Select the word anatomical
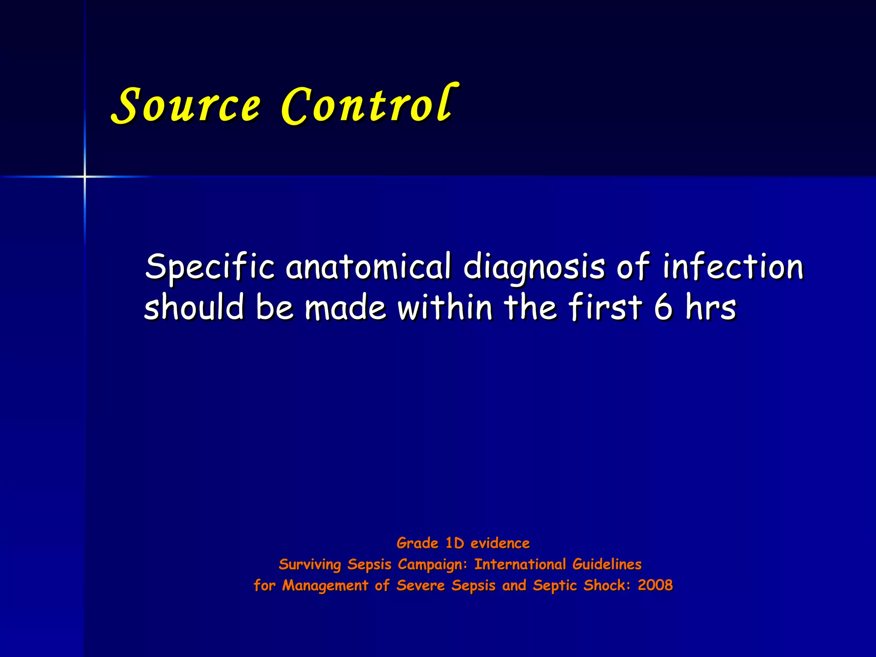[x=368, y=266]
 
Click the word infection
[x=733, y=266]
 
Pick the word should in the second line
[x=194, y=307]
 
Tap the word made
[x=346, y=307]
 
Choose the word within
[x=445, y=307]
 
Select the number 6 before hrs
[x=663, y=307]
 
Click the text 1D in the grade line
[x=455, y=543]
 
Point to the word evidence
[x=500, y=543]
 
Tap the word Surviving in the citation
[x=310, y=565]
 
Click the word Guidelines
[x=607, y=564]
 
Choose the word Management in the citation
[x=325, y=585]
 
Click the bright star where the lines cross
[x=85, y=176]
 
